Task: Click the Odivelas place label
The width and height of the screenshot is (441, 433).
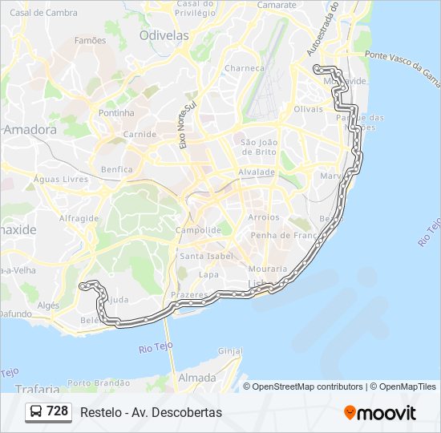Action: pos(164,35)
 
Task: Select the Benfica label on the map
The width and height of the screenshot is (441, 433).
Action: pos(117,170)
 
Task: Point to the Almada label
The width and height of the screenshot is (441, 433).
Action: pos(196,378)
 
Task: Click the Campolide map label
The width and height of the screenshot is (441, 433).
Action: pos(198,230)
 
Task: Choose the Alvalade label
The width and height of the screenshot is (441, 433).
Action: pos(256,172)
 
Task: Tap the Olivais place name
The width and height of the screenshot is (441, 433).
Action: pos(308,108)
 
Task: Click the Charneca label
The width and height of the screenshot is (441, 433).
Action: pos(244,68)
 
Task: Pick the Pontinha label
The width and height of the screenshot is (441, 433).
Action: pos(116,113)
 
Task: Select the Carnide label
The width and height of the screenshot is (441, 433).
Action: pos(140,134)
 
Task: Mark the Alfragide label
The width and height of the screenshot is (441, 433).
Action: pos(79,217)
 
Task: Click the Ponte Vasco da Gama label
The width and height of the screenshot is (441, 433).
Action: pos(402,68)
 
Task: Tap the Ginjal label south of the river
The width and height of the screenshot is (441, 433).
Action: pos(230,351)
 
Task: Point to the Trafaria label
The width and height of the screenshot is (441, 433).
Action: pos(35,389)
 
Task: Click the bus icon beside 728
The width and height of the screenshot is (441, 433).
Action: pos(36,412)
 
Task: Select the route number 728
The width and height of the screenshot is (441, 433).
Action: pos(57,411)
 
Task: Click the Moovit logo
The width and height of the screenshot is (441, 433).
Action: pos(380,413)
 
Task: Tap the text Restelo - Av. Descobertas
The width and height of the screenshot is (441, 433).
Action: pos(151,412)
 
